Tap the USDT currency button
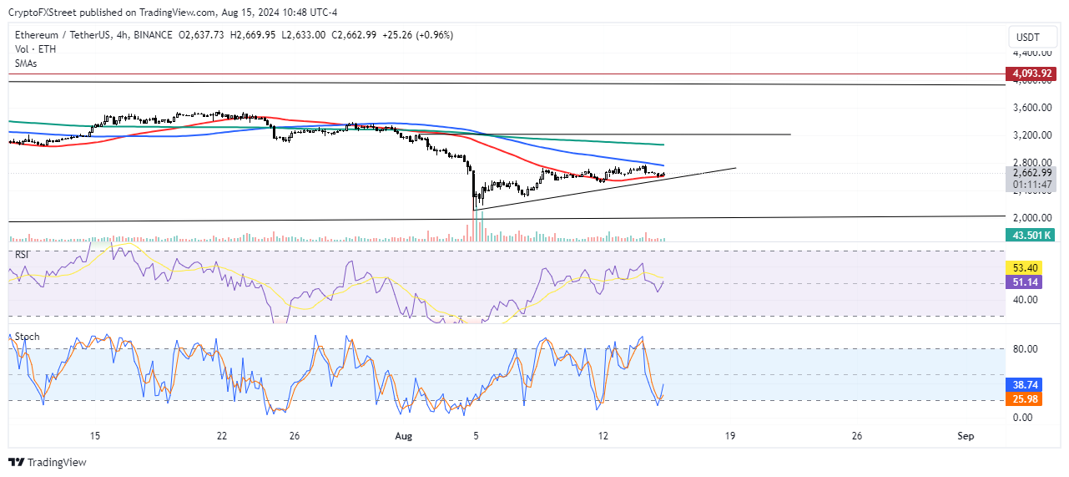pyautogui.click(x=1028, y=38)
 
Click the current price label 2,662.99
pyautogui.click(x=1031, y=173)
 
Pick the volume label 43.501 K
pyautogui.click(x=1031, y=236)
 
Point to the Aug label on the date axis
pyautogui.click(x=403, y=436)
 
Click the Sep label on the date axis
pyautogui.click(x=966, y=436)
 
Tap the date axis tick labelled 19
pyautogui.click(x=730, y=436)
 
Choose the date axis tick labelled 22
pyautogui.click(x=221, y=436)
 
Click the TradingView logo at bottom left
pyautogui.click(x=48, y=462)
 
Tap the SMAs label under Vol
pyautogui.click(x=27, y=63)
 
